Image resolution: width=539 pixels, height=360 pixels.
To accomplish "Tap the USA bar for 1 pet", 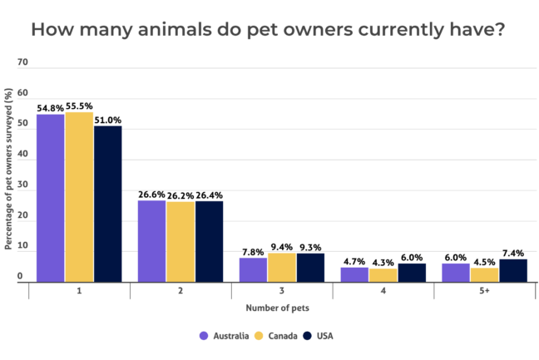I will tap(108, 204).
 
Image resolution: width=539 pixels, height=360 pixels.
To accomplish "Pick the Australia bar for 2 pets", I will tap(151, 241).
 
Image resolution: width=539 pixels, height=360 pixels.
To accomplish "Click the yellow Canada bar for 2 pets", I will tap(180, 242).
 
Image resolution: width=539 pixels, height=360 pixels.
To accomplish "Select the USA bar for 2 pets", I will tap(210, 242).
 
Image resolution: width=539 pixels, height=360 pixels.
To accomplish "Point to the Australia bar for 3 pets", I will tap(253, 269).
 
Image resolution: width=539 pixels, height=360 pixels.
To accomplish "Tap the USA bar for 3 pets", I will tap(310, 268).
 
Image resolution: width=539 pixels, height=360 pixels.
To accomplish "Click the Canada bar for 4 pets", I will tap(383, 275).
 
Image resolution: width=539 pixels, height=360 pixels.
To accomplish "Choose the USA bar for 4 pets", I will tap(412, 273).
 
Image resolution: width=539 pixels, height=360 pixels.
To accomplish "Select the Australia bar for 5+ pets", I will tap(456, 273).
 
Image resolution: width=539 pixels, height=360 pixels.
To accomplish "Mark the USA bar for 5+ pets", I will tap(513, 270).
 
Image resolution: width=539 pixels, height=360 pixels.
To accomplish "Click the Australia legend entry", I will tap(224, 336).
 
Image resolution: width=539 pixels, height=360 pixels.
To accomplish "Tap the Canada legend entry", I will tap(277, 336).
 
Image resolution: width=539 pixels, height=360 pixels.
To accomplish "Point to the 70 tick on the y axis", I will tap(22, 62).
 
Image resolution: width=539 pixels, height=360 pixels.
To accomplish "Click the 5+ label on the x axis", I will tap(484, 293).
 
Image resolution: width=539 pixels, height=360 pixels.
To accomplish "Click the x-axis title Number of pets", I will tap(278, 308).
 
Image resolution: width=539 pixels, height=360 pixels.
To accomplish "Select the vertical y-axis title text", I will tap(7, 171).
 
